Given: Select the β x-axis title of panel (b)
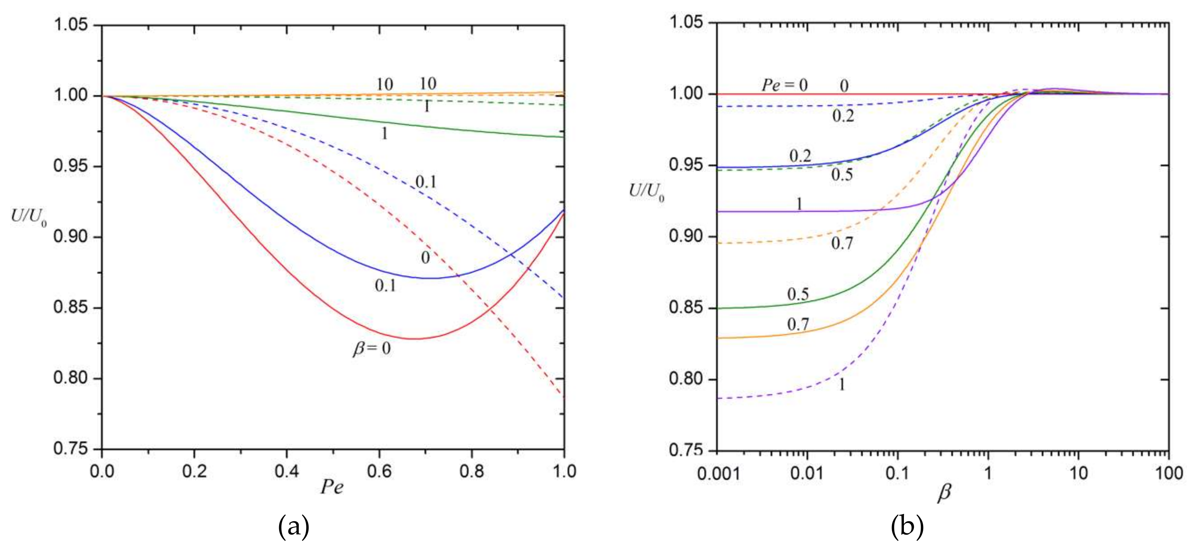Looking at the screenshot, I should tap(944, 493).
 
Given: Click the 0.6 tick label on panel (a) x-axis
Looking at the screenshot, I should tap(379, 472).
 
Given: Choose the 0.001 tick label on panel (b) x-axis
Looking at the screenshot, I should tap(717, 473).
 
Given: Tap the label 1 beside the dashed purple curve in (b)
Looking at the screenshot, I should tap(842, 384).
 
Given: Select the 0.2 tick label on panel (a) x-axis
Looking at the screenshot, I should tap(194, 472).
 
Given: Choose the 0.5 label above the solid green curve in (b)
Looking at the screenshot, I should tap(798, 294).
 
